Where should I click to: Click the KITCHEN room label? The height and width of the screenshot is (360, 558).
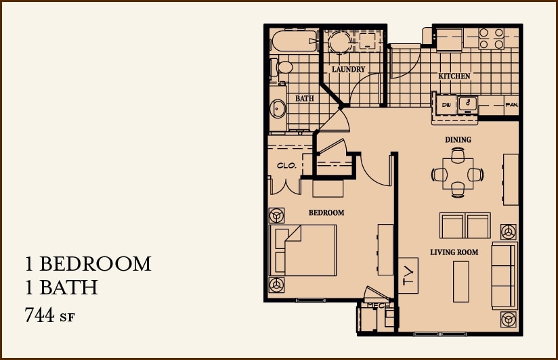click(454, 76)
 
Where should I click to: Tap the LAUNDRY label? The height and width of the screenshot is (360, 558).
click(349, 70)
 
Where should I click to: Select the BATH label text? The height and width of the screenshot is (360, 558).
click(305, 99)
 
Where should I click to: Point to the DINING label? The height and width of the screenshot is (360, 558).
click(458, 140)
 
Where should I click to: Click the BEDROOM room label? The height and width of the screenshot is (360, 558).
click(326, 212)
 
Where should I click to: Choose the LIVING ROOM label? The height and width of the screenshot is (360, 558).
click(454, 252)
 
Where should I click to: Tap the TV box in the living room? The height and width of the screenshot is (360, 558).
click(408, 275)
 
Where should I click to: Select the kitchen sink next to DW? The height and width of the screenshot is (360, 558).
click(467, 104)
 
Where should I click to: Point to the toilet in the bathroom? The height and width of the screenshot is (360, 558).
click(283, 68)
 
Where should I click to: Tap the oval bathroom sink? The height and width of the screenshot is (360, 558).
click(278, 108)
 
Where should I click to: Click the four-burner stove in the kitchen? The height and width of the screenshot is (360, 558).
click(492, 38)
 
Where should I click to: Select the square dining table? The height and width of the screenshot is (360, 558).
click(458, 174)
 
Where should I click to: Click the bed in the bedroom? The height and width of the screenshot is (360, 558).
click(305, 250)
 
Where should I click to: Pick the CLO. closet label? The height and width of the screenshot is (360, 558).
click(286, 165)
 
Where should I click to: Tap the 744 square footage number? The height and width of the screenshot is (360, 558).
click(39, 315)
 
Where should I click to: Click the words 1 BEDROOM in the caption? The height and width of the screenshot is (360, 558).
click(88, 263)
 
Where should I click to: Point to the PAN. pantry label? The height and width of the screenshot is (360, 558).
click(511, 105)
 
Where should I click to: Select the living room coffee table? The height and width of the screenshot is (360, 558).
click(460, 281)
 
